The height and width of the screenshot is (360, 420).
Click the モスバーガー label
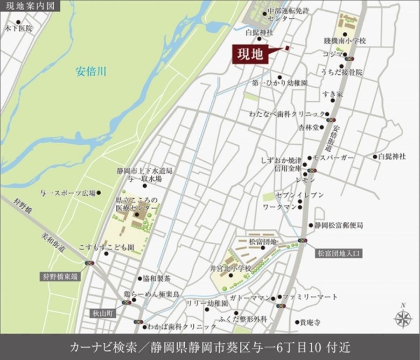point(334,158)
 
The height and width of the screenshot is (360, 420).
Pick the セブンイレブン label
point(306,195)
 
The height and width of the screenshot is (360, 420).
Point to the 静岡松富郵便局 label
point(338,225)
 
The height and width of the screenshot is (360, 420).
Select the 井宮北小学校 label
point(231,268)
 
